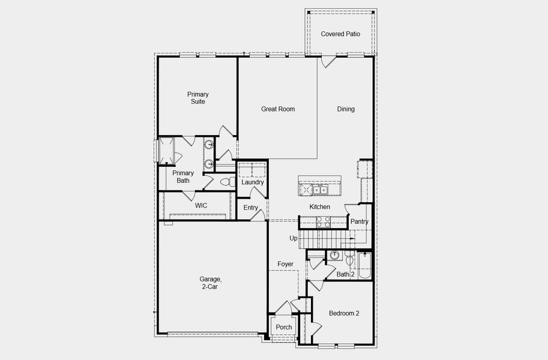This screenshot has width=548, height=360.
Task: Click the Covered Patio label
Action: (340, 34)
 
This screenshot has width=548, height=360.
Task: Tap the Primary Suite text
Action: (197, 98)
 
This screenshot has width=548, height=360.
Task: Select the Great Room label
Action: (278, 109)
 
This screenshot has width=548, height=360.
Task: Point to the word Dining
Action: (346, 109)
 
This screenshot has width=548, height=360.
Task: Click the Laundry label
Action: (253, 182)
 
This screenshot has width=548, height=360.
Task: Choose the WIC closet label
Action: (201, 206)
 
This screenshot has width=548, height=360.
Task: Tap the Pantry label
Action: (360, 222)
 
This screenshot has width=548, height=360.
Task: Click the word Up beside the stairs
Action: (294, 238)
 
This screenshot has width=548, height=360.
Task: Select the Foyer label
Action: (285, 264)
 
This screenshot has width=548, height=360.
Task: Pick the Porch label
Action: (284, 327)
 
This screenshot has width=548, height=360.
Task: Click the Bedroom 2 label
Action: (344, 314)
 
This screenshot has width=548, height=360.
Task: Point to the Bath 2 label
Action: (345, 274)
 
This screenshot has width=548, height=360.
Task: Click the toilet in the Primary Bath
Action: (226, 181)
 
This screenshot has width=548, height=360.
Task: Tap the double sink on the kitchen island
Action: (320, 190)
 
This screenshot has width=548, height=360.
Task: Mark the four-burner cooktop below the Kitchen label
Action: (324, 223)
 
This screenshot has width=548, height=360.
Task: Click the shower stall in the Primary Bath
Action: (166, 150)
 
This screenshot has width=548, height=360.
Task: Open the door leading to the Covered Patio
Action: (327, 61)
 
